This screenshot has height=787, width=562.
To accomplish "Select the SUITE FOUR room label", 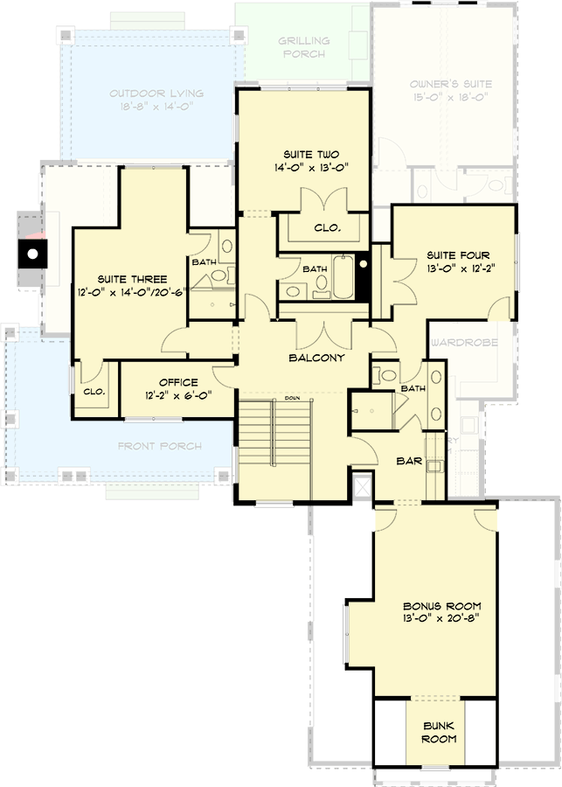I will pos(453,255).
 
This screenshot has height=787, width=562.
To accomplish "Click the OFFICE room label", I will pos(178,382).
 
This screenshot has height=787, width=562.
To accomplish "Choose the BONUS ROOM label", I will pos(441,606).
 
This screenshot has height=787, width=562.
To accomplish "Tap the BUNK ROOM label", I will pos(441,732).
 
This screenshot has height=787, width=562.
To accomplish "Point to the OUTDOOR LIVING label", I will pos(157,94).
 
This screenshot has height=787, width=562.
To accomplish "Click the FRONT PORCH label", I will pos(160,446).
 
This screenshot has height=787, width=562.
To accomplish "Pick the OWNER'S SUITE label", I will pos(451,84).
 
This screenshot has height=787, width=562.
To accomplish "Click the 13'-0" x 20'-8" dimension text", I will pos(441,618).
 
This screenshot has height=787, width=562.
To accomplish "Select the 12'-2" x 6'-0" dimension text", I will pos(178,395).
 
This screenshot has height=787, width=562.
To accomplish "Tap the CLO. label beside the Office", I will pos(94,391).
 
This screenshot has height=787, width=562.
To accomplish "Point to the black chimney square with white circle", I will pos(31,255).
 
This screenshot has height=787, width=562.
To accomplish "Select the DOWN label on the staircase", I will pos(292,398).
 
